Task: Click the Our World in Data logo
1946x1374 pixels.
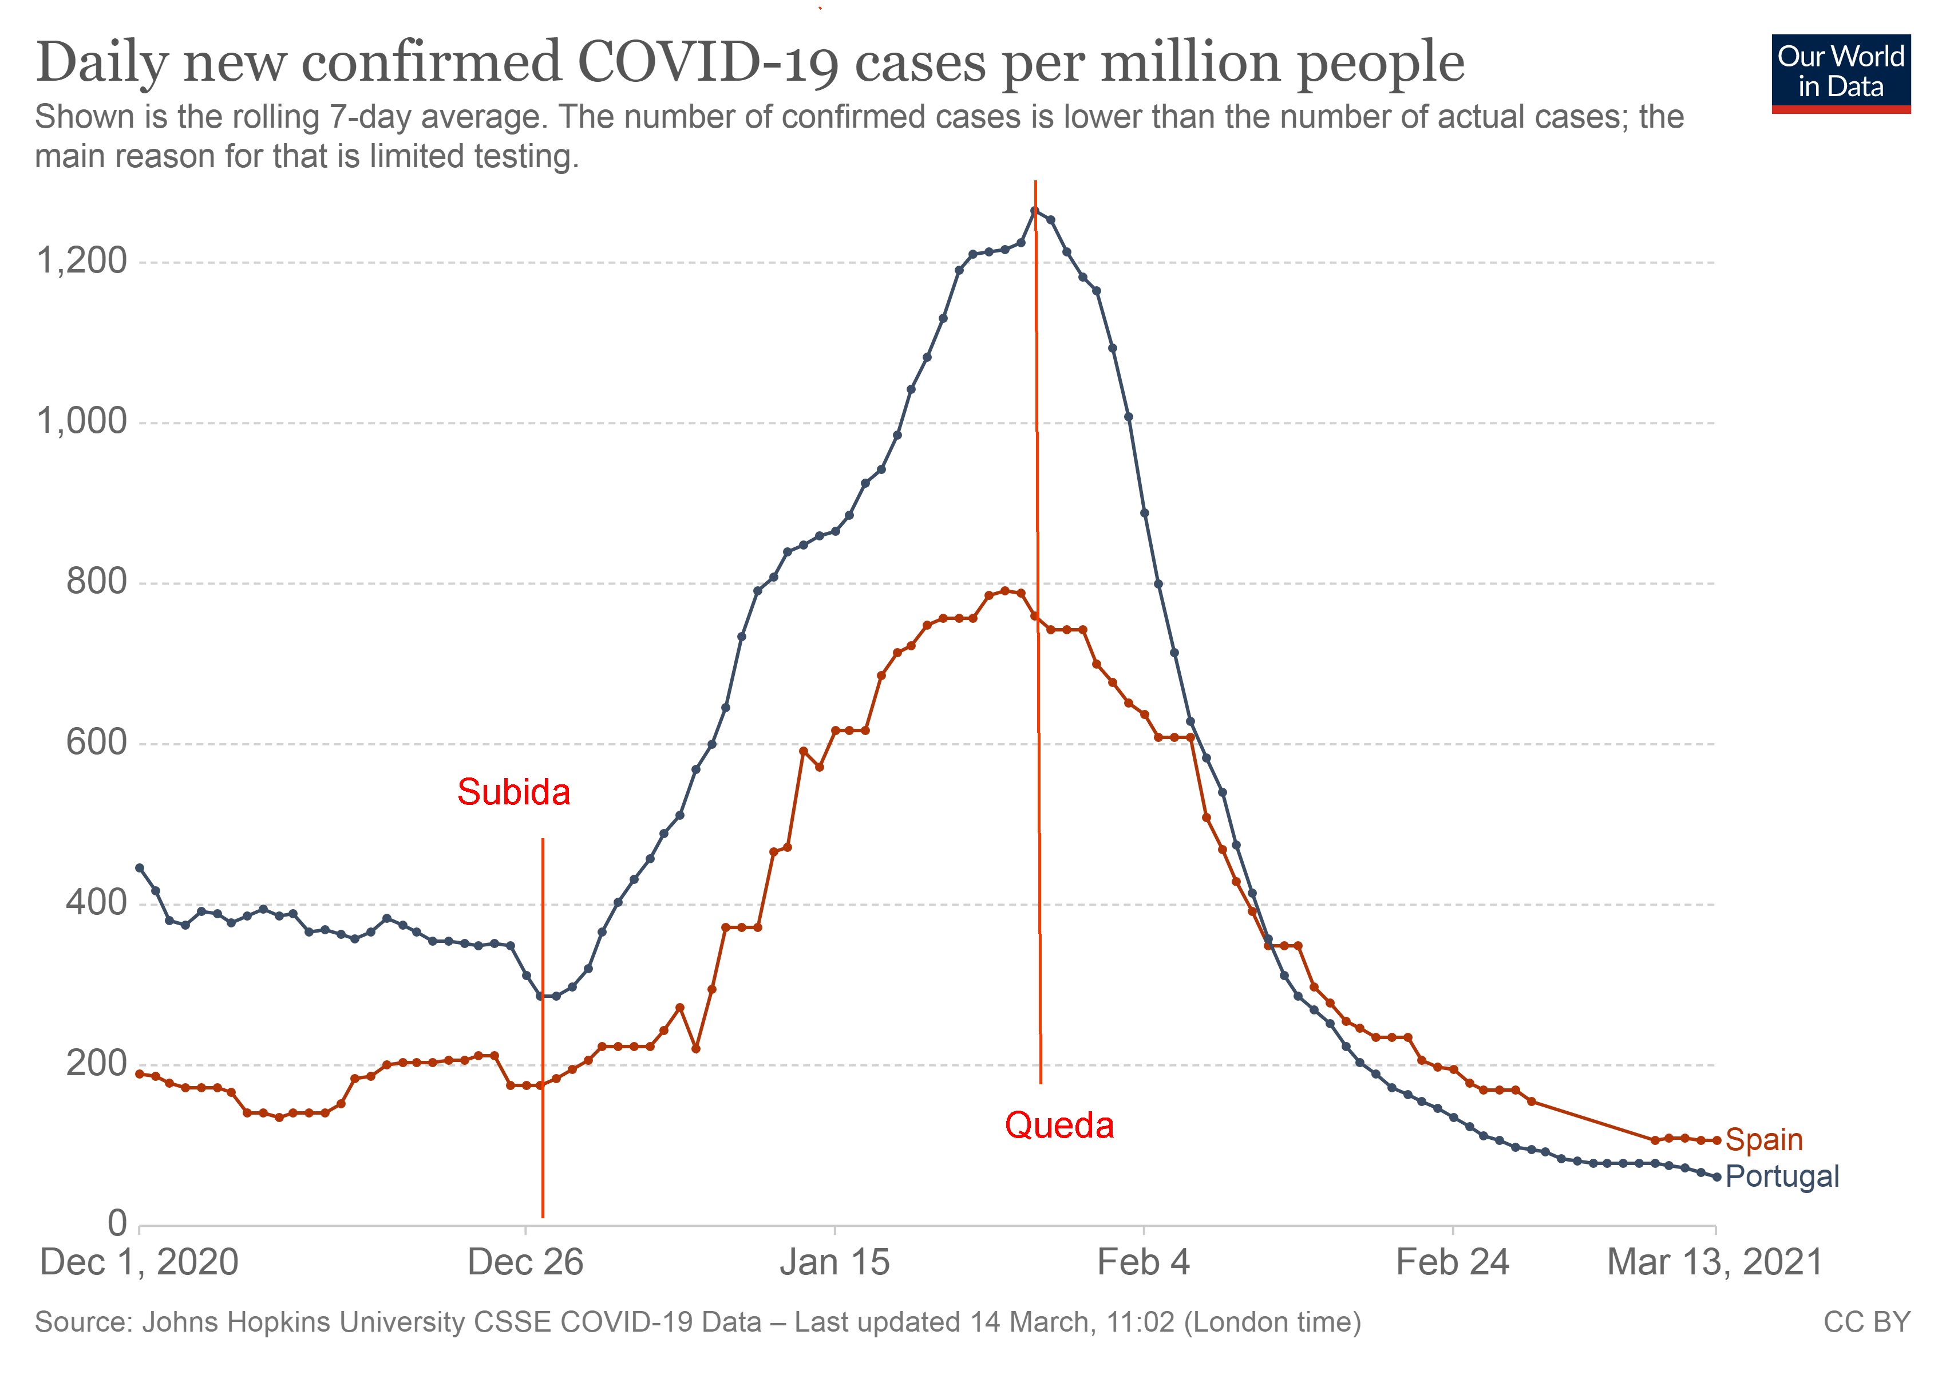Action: point(1840,73)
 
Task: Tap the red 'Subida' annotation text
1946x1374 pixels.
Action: point(513,792)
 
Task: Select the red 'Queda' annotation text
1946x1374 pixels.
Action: point(1059,1126)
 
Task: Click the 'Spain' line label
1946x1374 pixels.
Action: point(1764,1139)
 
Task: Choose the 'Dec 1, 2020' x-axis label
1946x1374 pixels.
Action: point(140,1262)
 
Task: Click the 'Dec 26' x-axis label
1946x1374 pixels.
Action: point(525,1262)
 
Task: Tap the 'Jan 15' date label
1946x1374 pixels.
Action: point(835,1262)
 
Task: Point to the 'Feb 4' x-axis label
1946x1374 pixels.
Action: point(1144,1262)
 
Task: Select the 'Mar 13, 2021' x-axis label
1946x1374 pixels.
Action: point(1715,1262)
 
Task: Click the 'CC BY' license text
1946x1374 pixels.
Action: point(1866,1322)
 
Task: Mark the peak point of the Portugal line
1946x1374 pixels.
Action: point(1034,210)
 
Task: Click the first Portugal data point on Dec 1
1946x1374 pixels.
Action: point(140,868)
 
